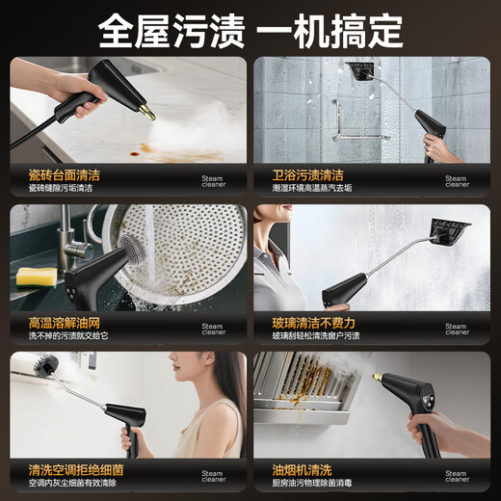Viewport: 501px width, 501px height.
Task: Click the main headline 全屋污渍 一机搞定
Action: pyautogui.click(x=250, y=30)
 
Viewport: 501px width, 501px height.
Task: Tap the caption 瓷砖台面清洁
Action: pyautogui.click(x=65, y=176)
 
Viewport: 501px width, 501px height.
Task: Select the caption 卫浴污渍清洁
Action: pyautogui.click(x=307, y=176)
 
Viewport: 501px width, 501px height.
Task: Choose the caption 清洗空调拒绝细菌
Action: pyautogui.click(x=76, y=470)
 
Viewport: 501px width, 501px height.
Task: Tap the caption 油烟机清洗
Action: pyautogui.click(x=301, y=470)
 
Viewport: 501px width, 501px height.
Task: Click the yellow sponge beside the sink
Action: pyautogui.click(x=36, y=277)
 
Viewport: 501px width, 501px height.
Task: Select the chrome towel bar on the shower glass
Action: pyautogui.click(x=336, y=120)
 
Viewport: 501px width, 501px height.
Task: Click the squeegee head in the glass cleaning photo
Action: pyautogui.click(x=451, y=232)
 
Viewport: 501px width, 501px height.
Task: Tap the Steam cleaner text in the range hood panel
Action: pyautogui.click(x=457, y=477)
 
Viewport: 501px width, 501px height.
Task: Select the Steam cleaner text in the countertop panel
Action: pyautogui.click(x=213, y=181)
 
